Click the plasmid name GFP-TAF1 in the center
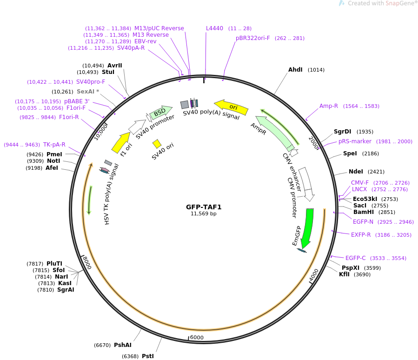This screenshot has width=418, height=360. tap(204, 207)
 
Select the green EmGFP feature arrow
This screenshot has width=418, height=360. tap(307, 228)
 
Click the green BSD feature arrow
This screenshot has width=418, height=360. tap(161, 112)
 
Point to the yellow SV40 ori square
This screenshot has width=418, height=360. tap(157, 144)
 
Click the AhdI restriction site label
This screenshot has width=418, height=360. tap(295, 70)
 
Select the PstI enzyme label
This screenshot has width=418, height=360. tap(148, 356)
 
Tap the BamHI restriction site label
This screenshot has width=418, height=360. tap(364, 212)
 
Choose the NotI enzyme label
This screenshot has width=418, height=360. tap(53, 161)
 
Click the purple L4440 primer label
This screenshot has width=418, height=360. tap(214, 28)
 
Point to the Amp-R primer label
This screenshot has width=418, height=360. tap(329, 106)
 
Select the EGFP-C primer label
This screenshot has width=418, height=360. tap(356, 258)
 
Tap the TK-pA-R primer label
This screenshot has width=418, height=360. tap(54, 145)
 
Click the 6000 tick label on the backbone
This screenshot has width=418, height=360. tap(197, 337)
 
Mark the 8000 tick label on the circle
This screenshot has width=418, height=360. tap(87, 263)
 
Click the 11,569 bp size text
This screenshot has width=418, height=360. tap(204, 213)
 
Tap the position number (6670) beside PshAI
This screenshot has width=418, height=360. tap(102, 345)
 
